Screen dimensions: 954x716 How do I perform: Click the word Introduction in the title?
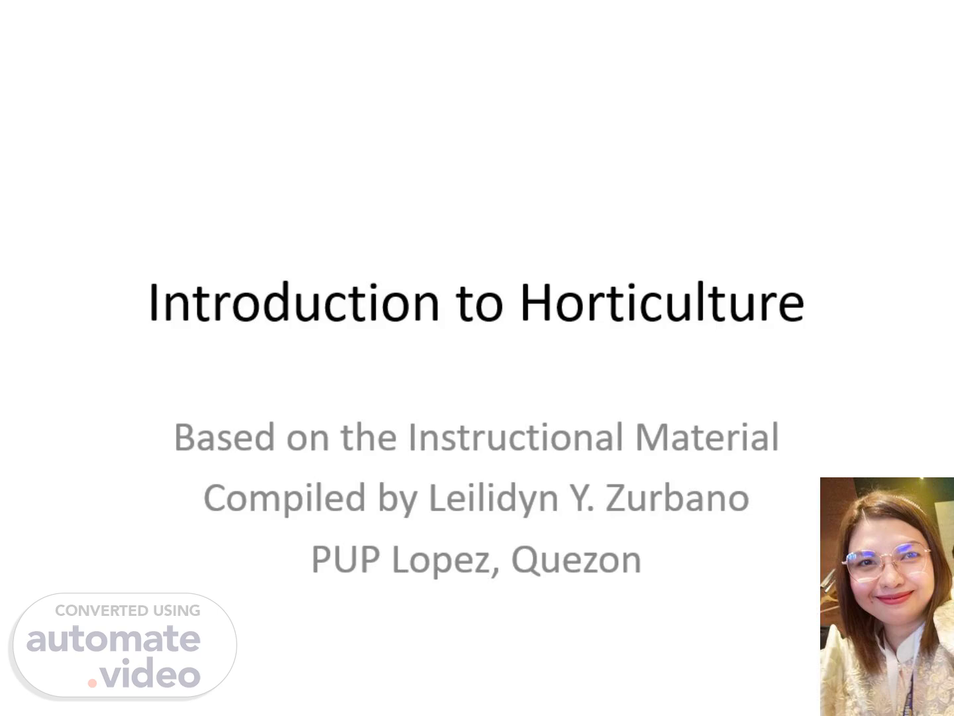pyautogui.click(x=293, y=302)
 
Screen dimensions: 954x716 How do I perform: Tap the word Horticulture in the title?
pyautogui.click(x=662, y=302)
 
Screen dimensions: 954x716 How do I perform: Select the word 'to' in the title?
pyautogui.click(x=480, y=304)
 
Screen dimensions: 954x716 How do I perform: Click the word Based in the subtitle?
pyautogui.click(x=225, y=437)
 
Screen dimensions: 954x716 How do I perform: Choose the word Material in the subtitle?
pyautogui.click(x=707, y=437)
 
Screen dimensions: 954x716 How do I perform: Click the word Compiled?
pyautogui.click(x=284, y=499)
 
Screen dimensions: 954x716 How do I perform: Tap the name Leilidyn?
pyautogui.click(x=494, y=499)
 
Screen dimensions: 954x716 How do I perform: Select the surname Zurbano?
pyautogui.click(x=677, y=498)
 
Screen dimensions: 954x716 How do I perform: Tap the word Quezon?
pyautogui.click(x=576, y=561)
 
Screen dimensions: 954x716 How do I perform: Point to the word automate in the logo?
pyautogui.click(x=113, y=639)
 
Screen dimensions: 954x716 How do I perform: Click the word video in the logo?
pyautogui.click(x=150, y=672)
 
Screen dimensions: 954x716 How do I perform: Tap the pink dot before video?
pyautogui.click(x=92, y=684)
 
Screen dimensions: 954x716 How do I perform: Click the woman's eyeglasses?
pyautogui.click(x=886, y=561)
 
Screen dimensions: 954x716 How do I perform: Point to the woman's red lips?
pyautogui.click(x=894, y=598)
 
